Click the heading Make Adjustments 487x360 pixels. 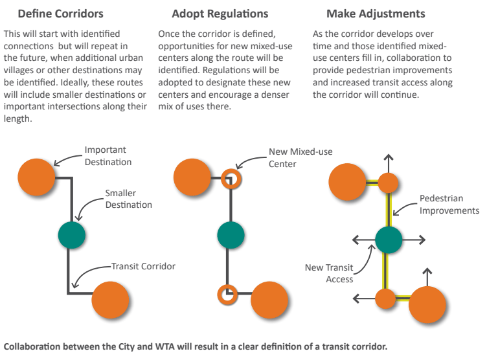(x=368, y=13)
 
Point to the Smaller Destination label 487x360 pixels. (x=129, y=199)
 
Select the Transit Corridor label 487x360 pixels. (x=143, y=265)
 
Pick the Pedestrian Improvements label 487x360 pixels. (x=449, y=204)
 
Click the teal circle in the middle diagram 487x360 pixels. (x=230, y=235)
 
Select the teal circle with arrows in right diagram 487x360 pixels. (x=389, y=240)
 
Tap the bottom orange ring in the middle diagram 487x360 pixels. (x=227, y=295)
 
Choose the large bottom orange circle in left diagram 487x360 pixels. (x=111, y=300)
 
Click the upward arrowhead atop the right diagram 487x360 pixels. (x=388, y=157)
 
